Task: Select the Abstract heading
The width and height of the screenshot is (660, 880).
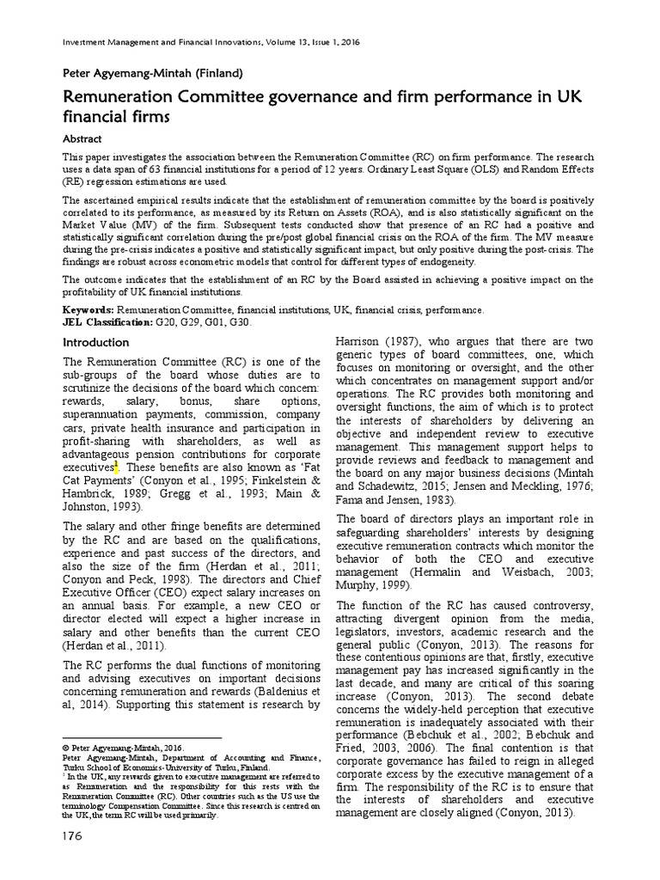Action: pos(82,138)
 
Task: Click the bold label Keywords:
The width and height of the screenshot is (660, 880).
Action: pos(89,309)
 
